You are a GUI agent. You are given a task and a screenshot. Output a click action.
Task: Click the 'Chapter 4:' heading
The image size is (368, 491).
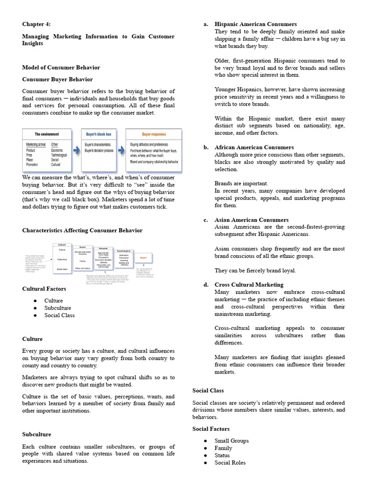click(36, 24)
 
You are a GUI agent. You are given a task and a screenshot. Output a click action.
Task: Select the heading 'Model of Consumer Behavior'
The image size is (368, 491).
click(61, 67)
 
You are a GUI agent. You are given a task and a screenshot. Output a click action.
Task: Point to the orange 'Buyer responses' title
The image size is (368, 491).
click(154, 134)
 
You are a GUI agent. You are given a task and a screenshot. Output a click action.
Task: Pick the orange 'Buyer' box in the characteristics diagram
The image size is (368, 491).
click(143, 257)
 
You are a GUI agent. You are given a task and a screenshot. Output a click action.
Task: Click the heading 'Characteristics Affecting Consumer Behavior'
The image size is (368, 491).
click(82, 230)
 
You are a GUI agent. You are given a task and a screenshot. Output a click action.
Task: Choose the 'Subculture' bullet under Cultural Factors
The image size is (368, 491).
click(57, 308)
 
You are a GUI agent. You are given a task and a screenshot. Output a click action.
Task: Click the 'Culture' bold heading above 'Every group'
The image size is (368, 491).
click(32, 339)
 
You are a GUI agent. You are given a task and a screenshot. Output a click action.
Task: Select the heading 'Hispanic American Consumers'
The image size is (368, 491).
click(255, 24)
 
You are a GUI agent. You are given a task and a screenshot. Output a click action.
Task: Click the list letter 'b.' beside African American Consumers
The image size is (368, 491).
click(206, 147)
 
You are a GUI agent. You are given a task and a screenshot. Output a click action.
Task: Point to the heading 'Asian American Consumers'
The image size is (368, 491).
click(251, 220)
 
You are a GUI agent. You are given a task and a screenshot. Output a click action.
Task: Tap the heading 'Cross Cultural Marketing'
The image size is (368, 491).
click(249, 285)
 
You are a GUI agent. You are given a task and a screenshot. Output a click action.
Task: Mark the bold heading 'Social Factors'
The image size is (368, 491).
click(211, 429)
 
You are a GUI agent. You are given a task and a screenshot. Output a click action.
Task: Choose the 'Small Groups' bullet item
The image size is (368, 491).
click(231, 441)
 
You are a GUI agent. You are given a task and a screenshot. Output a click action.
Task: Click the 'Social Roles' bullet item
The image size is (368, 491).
click(230, 463)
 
